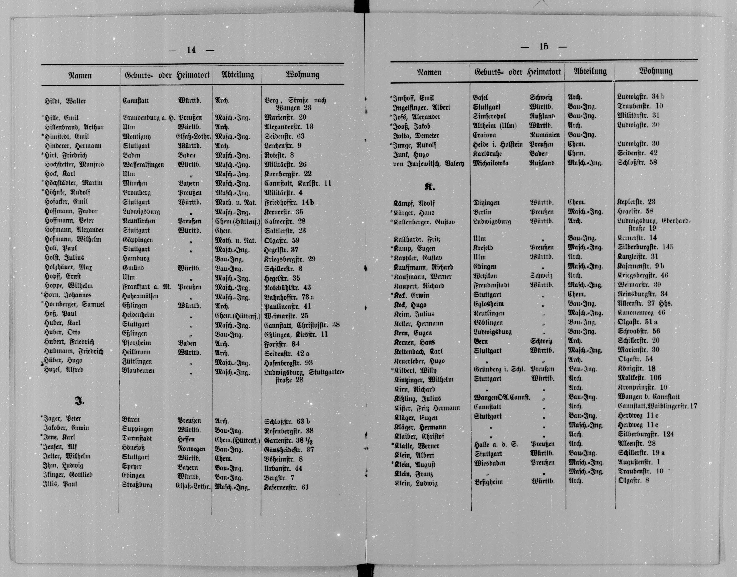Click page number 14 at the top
pos(191,50)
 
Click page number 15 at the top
pos(544,47)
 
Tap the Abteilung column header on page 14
pos(237,75)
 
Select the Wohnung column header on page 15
pos(655,71)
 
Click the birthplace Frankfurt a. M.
pos(147,287)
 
